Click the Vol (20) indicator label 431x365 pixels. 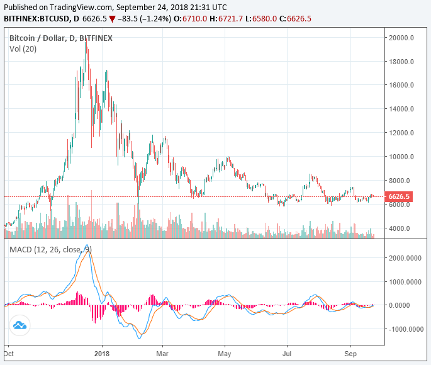pyautogui.click(x=24, y=49)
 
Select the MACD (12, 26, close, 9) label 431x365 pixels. pyautogui.click(x=50, y=250)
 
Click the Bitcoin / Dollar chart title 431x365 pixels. pyautogui.click(x=61, y=38)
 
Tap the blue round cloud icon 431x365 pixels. pyautogui.click(x=20, y=325)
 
